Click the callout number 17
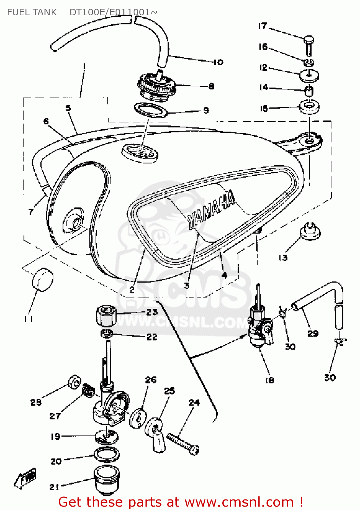click(262, 26)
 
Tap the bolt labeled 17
click(308, 46)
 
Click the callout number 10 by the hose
click(218, 62)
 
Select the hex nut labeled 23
click(106, 316)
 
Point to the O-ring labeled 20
click(107, 455)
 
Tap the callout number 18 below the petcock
click(270, 380)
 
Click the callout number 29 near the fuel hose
click(313, 334)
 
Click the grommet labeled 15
click(309, 107)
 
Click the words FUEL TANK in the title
click(32, 12)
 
